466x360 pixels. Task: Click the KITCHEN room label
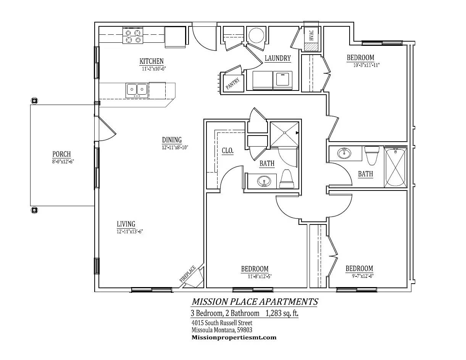pos(152,61)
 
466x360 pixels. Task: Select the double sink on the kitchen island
pos(137,89)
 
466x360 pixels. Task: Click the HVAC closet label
pos(311,35)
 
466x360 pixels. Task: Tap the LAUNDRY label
pos(277,58)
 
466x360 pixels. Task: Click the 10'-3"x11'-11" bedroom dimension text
pos(366,65)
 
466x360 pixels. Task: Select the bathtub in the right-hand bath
pos(395,168)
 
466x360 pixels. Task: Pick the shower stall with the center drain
pos(284,134)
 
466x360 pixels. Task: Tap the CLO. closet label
pos(227,151)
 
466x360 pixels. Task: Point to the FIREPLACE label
pos(188,274)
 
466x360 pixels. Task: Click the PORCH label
pos(61,154)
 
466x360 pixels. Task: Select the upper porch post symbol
pos(34,101)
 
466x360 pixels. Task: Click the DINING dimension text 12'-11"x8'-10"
pos(175,147)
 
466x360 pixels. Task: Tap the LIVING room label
pos(126,224)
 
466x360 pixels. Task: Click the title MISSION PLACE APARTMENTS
pos(255,302)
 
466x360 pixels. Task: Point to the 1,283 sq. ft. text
pos(282,313)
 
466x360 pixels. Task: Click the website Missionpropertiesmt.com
pos(234,337)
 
